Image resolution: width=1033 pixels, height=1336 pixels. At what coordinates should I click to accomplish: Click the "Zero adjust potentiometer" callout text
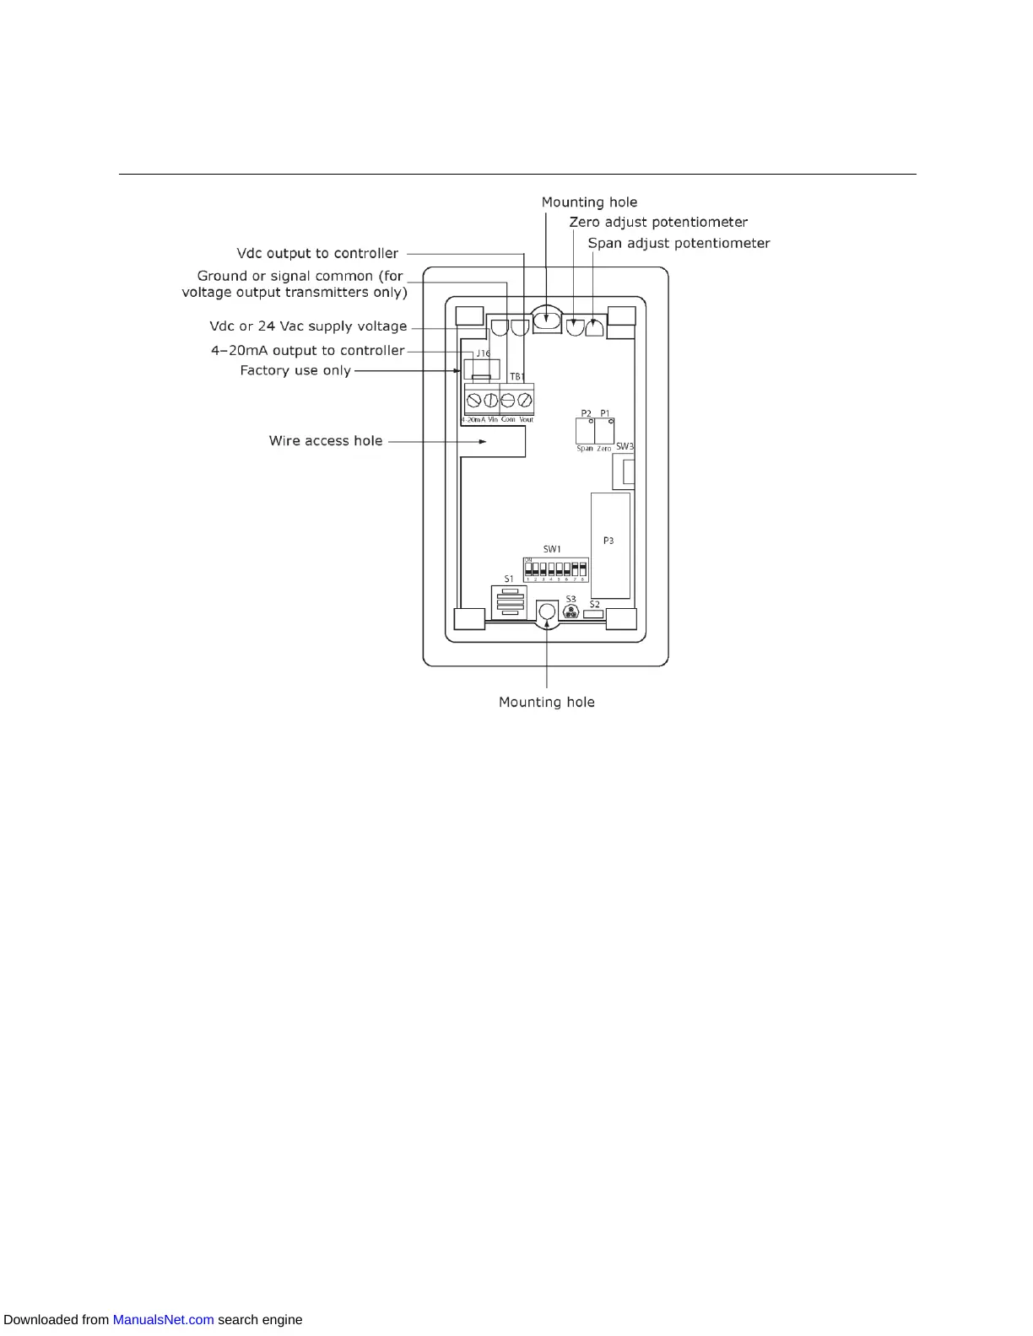tap(658, 223)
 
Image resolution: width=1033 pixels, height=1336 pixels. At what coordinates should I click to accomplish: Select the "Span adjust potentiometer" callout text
tap(679, 244)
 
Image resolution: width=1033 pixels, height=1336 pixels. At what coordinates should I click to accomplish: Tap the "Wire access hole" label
tap(326, 441)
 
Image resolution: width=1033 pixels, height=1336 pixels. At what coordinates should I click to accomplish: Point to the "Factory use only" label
tap(295, 371)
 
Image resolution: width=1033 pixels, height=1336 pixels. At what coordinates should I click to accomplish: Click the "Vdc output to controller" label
tap(317, 254)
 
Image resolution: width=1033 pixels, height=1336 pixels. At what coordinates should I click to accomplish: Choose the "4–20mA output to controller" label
tap(308, 351)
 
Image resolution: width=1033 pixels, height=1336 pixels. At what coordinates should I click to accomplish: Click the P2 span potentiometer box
tap(585, 431)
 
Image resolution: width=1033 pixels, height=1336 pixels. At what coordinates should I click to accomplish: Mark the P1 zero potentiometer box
tap(604, 431)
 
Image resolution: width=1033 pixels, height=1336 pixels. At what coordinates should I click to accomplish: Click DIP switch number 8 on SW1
tap(582, 569)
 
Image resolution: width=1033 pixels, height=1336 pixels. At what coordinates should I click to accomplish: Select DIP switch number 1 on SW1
tap(528, 569)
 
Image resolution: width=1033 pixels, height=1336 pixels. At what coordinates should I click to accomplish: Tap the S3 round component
tap(571, 613)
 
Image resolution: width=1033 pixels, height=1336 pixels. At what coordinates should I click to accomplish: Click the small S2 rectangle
tap(593, 614)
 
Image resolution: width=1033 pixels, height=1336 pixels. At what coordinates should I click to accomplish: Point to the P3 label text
tap(608, 541)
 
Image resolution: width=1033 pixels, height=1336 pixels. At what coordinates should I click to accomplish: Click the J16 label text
tap(483, 353)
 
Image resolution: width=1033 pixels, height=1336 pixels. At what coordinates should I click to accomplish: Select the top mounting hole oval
tap(547, 321)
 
